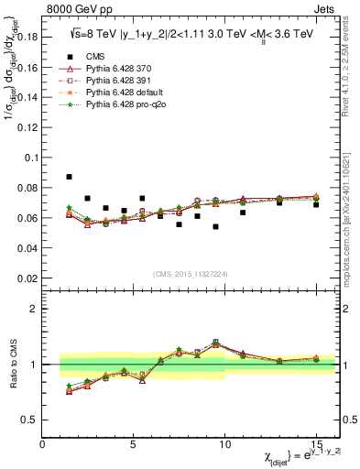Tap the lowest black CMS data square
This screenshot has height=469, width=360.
point(215,226)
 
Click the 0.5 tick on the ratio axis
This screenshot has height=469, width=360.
point(29,420)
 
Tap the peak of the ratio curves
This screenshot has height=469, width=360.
point(215,343)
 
